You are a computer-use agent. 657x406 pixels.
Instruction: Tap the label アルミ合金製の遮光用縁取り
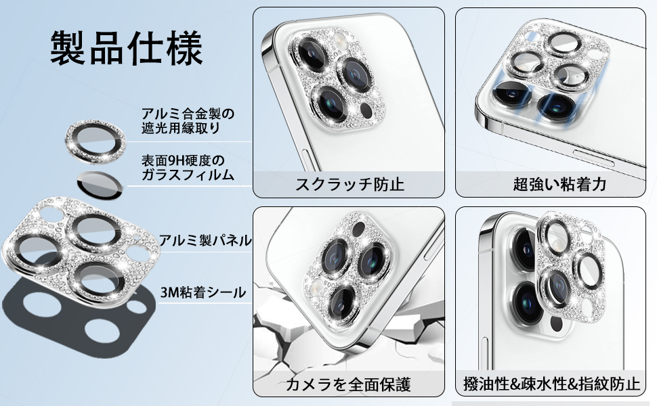point(188,120)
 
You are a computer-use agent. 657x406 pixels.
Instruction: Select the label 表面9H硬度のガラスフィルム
point(188,168)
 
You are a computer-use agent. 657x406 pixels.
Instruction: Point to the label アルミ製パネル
point(205,240)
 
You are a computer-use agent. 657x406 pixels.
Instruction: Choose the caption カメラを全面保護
point(349,384)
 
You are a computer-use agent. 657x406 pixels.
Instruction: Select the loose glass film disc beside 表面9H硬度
point(100,183)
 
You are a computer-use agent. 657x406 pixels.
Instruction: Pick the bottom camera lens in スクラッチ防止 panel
point(332,102)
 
